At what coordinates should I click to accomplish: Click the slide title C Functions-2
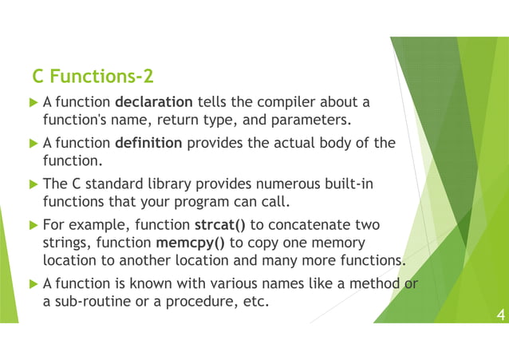click(x=92, y=77)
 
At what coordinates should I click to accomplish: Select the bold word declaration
click(x=154, y=102)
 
